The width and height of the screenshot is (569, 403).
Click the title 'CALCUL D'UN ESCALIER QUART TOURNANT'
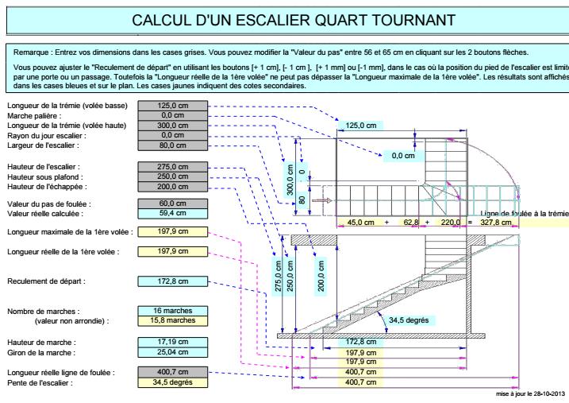294,19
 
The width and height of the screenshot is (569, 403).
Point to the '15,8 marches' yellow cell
172,320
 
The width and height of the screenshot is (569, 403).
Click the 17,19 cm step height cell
172,340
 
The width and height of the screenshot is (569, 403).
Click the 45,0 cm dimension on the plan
360,223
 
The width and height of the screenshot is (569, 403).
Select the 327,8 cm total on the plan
497,223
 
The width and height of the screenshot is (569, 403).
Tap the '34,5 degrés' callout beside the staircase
408,320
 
